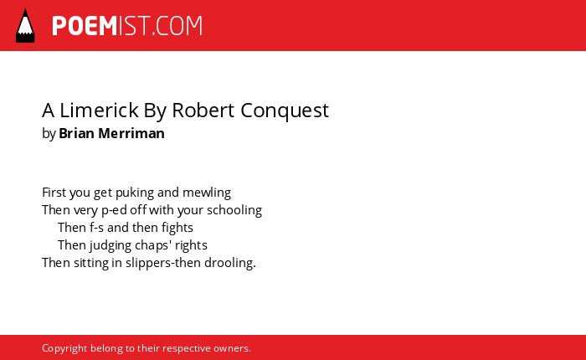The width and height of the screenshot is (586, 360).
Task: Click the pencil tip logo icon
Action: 25,26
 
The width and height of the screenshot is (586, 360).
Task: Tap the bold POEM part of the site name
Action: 85,26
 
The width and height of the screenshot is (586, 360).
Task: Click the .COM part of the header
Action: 177,26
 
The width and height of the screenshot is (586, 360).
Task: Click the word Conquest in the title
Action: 285,111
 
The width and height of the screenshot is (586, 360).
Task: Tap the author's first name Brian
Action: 76,133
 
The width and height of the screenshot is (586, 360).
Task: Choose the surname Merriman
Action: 131,133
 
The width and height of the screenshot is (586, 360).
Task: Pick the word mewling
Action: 207,193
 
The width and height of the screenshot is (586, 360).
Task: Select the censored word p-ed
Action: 115,210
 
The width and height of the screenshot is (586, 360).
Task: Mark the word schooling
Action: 234,210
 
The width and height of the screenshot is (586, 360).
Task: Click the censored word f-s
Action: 96,227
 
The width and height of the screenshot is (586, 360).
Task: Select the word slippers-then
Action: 161,263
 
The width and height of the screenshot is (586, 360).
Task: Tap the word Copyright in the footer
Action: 64,349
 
